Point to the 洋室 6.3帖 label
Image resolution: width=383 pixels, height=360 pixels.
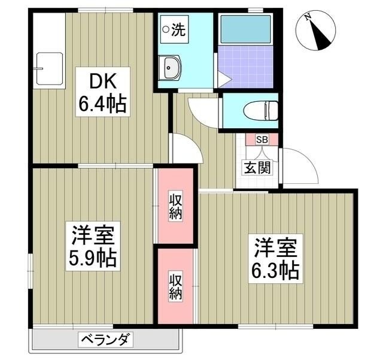click(275, 259)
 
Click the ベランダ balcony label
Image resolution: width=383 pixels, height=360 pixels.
click(105, 340)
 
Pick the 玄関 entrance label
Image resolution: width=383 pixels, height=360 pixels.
click(257, 167)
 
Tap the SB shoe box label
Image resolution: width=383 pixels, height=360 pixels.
click(262, 140)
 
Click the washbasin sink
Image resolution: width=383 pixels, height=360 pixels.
click(172, 68)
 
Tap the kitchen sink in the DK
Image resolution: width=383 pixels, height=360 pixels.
click(48, 68)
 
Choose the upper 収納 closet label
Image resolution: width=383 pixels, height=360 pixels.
click(175, 207)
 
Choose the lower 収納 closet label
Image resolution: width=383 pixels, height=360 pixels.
click(175, 286)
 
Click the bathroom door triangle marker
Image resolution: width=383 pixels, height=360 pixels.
click(222, 78)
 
